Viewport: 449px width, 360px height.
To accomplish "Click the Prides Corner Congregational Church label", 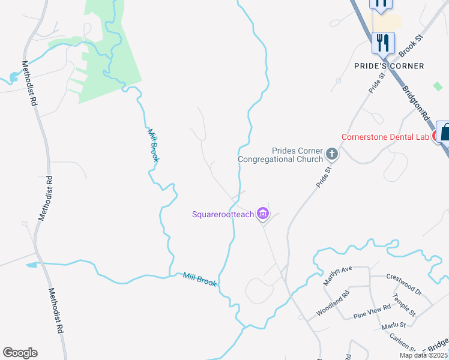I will point(280,155).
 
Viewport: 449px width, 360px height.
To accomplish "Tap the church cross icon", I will point(331,155).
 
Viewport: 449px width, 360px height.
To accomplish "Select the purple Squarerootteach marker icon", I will point(262,214).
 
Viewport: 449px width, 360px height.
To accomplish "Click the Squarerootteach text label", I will point(223,214).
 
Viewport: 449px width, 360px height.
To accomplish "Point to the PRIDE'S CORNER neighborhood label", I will point(389,65).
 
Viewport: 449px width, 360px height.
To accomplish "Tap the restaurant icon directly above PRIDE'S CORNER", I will point(382,42).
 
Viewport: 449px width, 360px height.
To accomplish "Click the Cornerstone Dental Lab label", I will point(385,137).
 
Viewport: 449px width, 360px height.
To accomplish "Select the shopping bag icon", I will point(444,131).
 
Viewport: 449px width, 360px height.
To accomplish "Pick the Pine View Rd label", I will point(372,311).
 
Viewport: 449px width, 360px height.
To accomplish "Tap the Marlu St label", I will point(394,326).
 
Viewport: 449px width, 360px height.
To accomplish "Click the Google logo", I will point(20,353).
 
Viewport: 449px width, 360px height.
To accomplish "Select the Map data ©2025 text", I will point(423,355).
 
